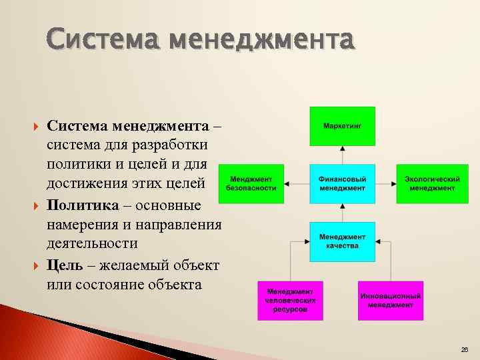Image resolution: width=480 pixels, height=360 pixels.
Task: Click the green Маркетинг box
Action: click(x=343, y=125)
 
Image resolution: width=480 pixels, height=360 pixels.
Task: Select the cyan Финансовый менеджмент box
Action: click(x=343, y=183)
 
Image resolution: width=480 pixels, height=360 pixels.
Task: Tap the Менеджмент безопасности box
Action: click(x=251, y=183)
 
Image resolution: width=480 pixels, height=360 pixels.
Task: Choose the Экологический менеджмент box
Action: click(x=432, y=183)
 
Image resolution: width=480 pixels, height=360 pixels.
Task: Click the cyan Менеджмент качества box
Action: click(x=343, y=241)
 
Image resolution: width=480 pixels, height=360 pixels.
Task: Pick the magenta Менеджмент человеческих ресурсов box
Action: click(x=291, y=300)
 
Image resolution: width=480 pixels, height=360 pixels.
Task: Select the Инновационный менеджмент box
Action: click(x=391, y=300)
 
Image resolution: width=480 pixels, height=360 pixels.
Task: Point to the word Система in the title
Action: click(x=103, y=41)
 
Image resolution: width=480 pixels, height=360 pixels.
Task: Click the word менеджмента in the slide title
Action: click(x=262, y=41)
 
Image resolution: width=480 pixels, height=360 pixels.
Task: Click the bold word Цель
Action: click(x=65, y=265)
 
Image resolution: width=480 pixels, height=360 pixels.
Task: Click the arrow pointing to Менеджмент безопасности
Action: click(x=289, y=183)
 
